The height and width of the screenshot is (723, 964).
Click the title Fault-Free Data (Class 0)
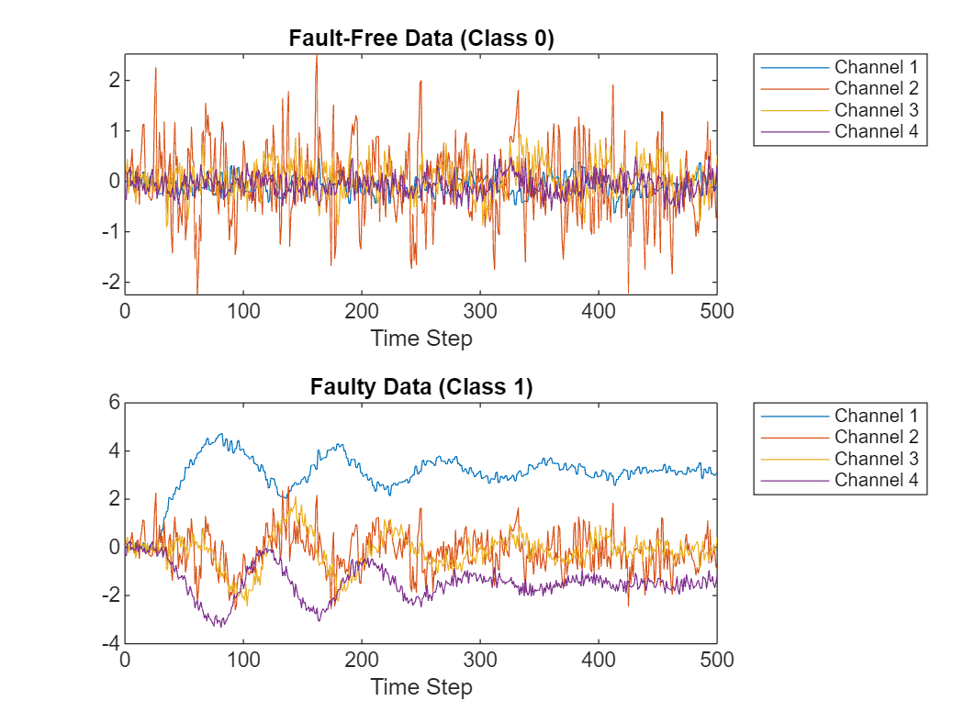421,39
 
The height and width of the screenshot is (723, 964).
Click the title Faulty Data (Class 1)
421,387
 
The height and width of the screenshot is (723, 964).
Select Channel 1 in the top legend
876,67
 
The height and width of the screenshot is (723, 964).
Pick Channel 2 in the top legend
876,88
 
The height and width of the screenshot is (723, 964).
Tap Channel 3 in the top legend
876,109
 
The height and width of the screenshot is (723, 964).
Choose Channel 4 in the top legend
876,130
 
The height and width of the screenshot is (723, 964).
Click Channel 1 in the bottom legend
876,416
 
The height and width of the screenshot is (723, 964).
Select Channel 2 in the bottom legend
876,437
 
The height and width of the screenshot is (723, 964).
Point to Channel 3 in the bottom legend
876,458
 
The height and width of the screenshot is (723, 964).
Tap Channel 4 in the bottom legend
876,479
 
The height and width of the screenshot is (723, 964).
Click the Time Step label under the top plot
421,339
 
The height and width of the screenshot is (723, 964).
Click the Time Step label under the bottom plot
421,687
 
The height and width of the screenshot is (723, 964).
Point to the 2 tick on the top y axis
114,80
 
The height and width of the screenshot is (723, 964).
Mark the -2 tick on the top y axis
110,282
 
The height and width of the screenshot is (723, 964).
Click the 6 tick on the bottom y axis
114,402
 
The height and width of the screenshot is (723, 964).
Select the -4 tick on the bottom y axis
110,644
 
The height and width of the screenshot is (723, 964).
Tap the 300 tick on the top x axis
480,310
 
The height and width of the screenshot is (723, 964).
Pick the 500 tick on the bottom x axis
717,659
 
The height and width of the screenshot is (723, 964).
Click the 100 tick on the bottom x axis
243,659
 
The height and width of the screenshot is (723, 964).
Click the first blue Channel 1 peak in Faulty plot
219,435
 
